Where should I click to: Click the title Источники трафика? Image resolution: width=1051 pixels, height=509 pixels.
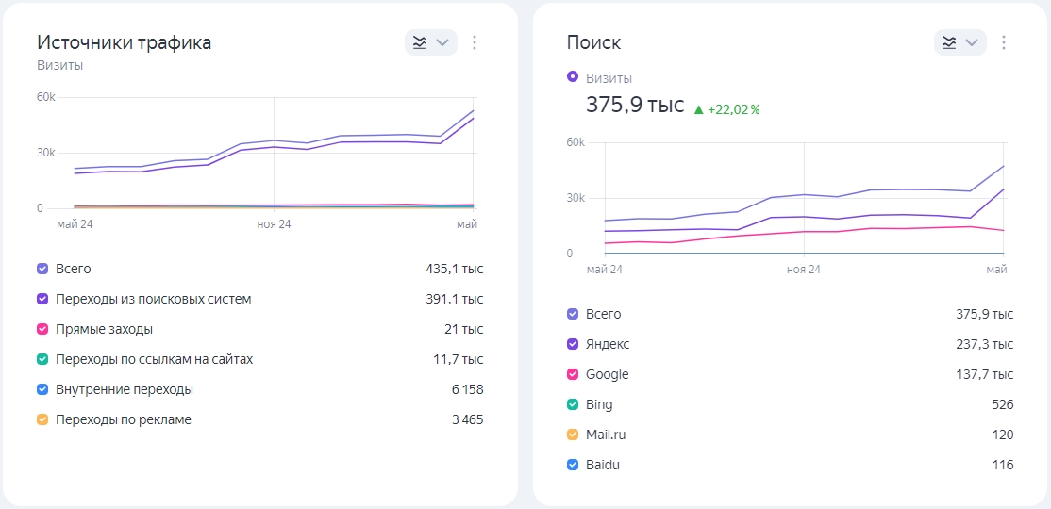point(124,42)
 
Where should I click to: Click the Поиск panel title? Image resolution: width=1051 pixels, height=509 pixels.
point(593,42)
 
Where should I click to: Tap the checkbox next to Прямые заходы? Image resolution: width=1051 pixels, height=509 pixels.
point(42,330)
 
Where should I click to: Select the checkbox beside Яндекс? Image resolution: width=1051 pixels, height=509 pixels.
point(573,344)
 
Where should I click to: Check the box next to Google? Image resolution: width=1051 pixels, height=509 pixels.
point(573,374)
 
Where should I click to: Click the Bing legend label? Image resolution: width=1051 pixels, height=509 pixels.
point(599,405)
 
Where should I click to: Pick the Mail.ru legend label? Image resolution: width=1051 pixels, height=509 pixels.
point(606,435)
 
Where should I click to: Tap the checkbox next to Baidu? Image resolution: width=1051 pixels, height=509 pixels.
point(573,465)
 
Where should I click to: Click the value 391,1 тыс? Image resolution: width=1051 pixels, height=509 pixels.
point(455,300)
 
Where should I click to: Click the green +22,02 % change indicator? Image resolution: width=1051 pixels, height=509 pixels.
point(726,110)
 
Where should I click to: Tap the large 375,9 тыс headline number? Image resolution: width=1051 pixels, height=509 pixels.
point(636,106)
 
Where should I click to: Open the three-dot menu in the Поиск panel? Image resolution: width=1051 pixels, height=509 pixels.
point(1004,42)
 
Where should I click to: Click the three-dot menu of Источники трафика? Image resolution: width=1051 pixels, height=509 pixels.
point(475,42)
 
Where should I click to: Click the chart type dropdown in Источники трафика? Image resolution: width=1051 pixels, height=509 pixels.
point(431,42)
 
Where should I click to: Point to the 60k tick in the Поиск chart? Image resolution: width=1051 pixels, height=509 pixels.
point(577,142)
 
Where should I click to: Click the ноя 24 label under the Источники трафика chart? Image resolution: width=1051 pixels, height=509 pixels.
point(275,223)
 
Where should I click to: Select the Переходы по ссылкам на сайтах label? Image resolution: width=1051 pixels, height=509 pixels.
point(155,360)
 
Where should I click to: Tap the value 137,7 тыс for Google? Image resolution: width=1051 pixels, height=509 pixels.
point(985,374)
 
